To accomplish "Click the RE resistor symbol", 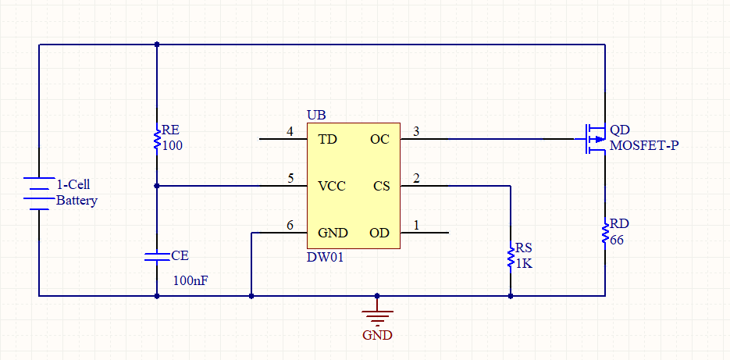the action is [x=157, y=139].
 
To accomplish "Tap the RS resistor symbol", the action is [x=511, y=255].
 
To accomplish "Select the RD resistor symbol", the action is [x=605, y=233].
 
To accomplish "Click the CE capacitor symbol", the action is [x=157, y=257].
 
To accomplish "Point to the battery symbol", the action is [x=38, y=193].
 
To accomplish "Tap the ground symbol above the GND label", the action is [x=377, y=317].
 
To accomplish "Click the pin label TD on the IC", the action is [x=327, y=139].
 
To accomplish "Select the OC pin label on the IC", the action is [x=379, y=139].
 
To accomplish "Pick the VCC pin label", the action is [x=332, y=187].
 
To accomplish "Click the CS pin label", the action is [x=381, y=187].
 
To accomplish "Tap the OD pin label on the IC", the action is [x=379, y=233].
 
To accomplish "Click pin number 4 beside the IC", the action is [x=290, y=132].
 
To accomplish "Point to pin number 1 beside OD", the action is [x=416, y=226].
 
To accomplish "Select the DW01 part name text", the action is [x=326, y=257].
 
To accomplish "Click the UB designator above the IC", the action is [x=316, y=115].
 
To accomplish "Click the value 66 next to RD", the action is [x=617, y=241].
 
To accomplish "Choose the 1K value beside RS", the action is [x=524, y=264].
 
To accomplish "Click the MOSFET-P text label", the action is [x=644, y=145].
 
